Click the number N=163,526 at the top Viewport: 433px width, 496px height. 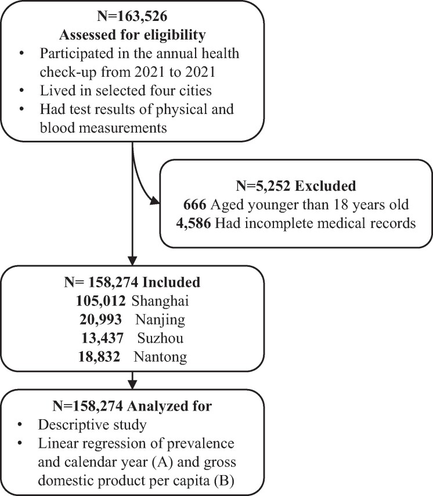point(132,13)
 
